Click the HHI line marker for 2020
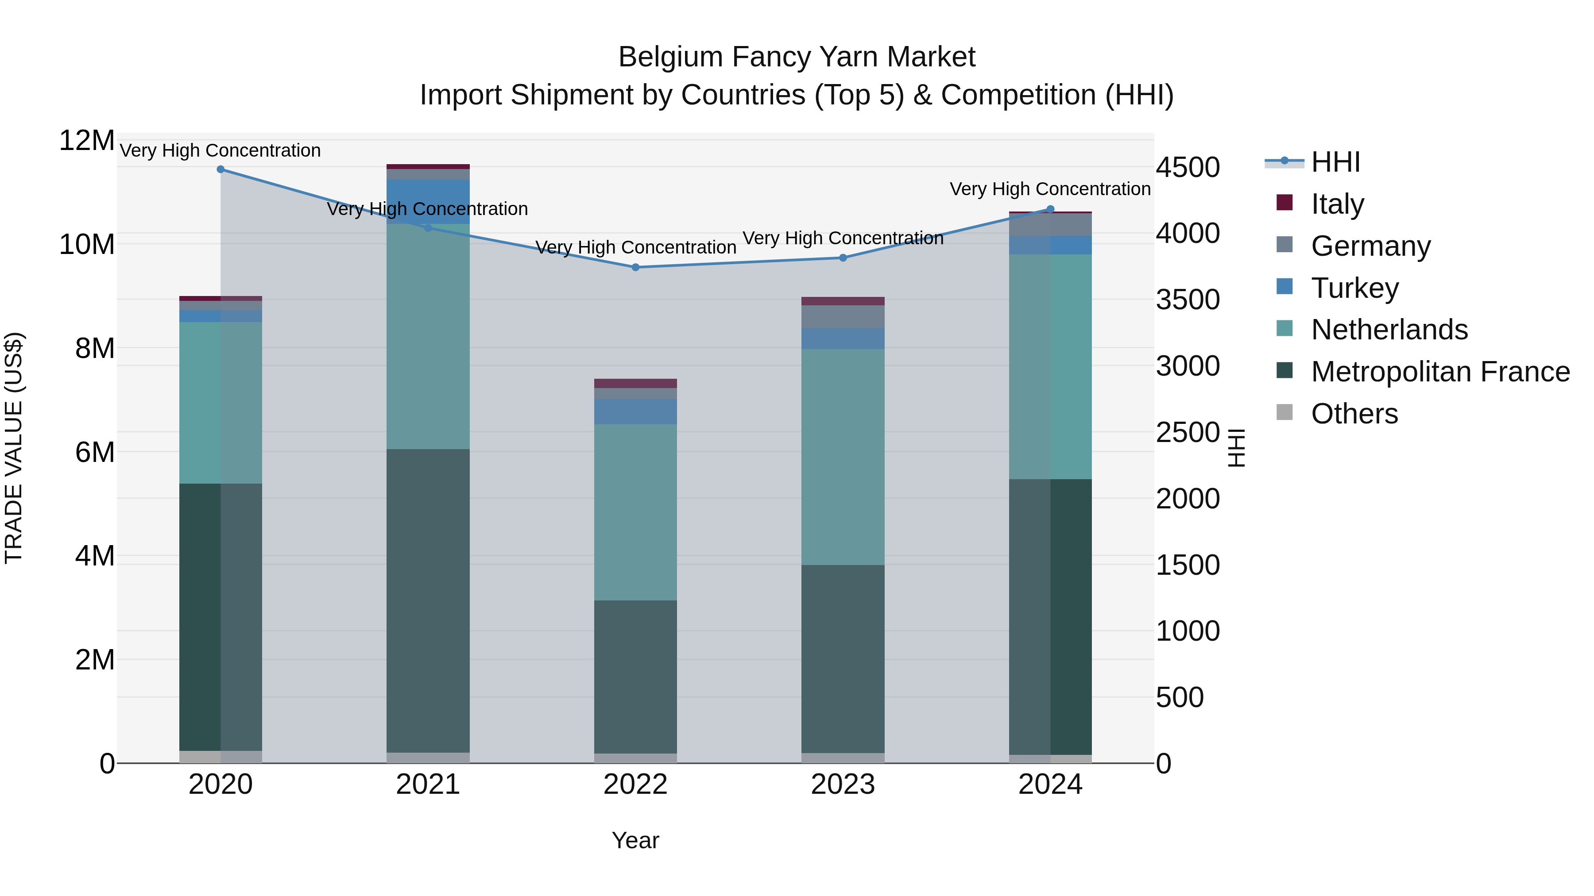(221, 169)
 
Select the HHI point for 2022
(635, 267)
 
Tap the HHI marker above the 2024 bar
(1050, 209)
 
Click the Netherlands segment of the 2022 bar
(635, 512)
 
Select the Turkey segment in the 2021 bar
(428, 202)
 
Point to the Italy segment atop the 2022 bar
(635, 383)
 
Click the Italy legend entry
(1337, 204)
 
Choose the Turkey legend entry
(1354, 288)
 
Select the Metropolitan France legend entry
(1439, 372)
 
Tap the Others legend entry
(1354, 414)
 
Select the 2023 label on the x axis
(843, 784)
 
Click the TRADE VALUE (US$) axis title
(14, 448)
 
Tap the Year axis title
(635, 840)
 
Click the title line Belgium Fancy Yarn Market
(797, 57)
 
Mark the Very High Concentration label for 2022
(635, 247)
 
